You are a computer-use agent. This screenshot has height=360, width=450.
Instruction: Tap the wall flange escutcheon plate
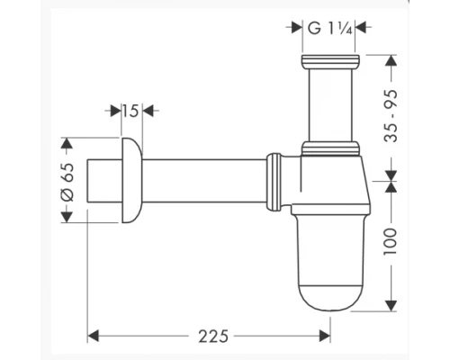point(130,180)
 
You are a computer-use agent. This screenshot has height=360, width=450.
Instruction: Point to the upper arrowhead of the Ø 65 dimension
point(66,142)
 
